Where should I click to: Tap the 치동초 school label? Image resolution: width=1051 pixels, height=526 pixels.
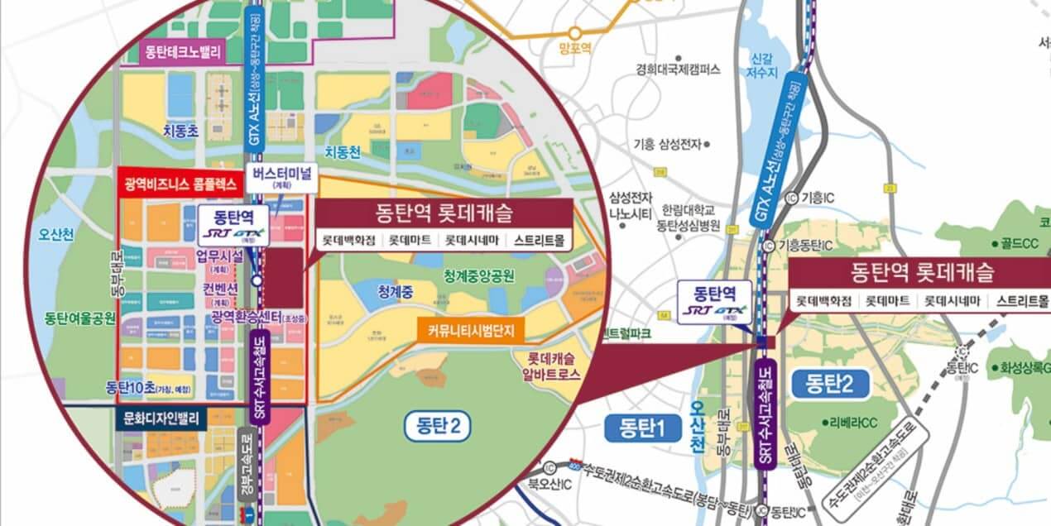tap(180, 130)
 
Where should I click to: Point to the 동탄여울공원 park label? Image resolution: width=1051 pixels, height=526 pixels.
tap(80, 318)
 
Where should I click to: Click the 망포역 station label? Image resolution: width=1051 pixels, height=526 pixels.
tap(575, 49)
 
